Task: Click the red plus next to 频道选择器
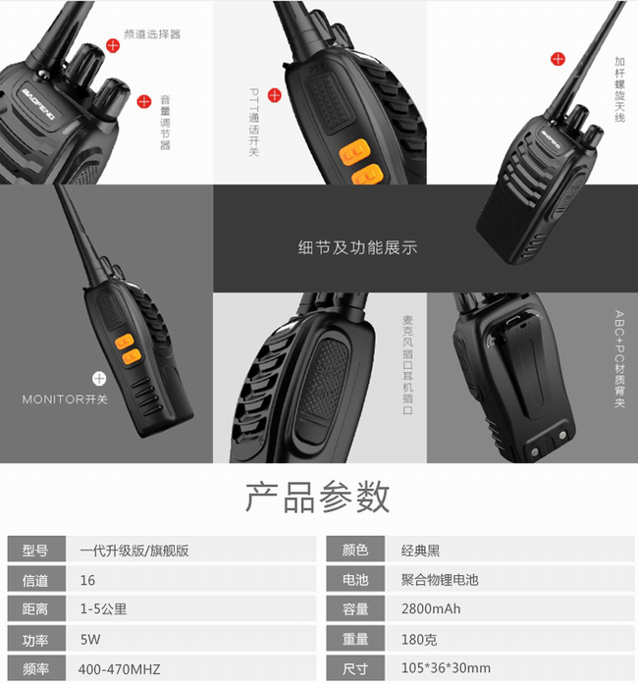113,45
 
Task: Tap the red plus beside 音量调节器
144,101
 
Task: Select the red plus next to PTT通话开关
275,94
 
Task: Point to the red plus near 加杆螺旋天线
558,59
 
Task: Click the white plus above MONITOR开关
99,378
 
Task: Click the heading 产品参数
317,497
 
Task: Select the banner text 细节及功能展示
358,247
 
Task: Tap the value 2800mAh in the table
431,608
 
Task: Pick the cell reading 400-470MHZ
120,669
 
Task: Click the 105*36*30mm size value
446,668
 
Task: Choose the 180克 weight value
419,639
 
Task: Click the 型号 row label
35,551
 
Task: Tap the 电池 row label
355,579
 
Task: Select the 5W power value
90,639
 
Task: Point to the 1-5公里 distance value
103,608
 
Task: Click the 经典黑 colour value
420,551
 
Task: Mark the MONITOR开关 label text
65,399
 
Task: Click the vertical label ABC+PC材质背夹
619,358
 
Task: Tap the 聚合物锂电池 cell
440,579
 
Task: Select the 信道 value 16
87,580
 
